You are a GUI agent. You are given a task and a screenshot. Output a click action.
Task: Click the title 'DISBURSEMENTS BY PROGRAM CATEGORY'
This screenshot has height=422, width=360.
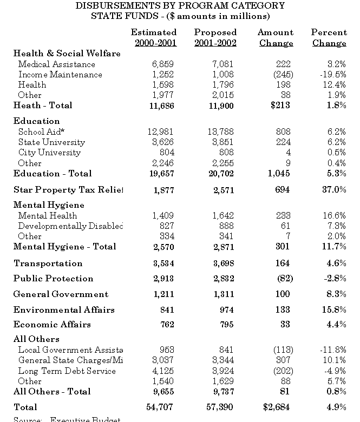180,5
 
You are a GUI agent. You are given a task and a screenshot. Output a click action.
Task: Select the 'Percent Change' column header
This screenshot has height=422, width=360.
329,38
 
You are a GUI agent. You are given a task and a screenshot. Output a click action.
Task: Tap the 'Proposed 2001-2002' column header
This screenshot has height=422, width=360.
215,38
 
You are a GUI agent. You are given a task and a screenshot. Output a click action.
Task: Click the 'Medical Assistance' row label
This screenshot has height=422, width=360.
56,64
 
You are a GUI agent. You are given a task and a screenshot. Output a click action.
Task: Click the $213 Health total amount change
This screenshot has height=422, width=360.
280,105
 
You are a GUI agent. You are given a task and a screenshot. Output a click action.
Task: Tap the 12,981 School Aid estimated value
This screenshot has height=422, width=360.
161,131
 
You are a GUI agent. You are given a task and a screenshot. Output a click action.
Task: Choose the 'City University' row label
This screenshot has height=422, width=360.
49,152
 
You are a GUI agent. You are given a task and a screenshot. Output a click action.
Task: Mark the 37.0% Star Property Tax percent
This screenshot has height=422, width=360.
333,189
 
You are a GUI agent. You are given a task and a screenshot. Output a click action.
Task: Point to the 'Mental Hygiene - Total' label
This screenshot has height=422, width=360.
64,247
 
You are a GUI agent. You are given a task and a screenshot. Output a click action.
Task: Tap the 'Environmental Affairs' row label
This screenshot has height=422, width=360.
64,310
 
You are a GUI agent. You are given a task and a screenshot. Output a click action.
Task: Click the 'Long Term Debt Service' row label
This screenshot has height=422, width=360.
67,371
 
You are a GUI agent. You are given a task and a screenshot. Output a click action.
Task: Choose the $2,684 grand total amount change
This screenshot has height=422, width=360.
276,407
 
